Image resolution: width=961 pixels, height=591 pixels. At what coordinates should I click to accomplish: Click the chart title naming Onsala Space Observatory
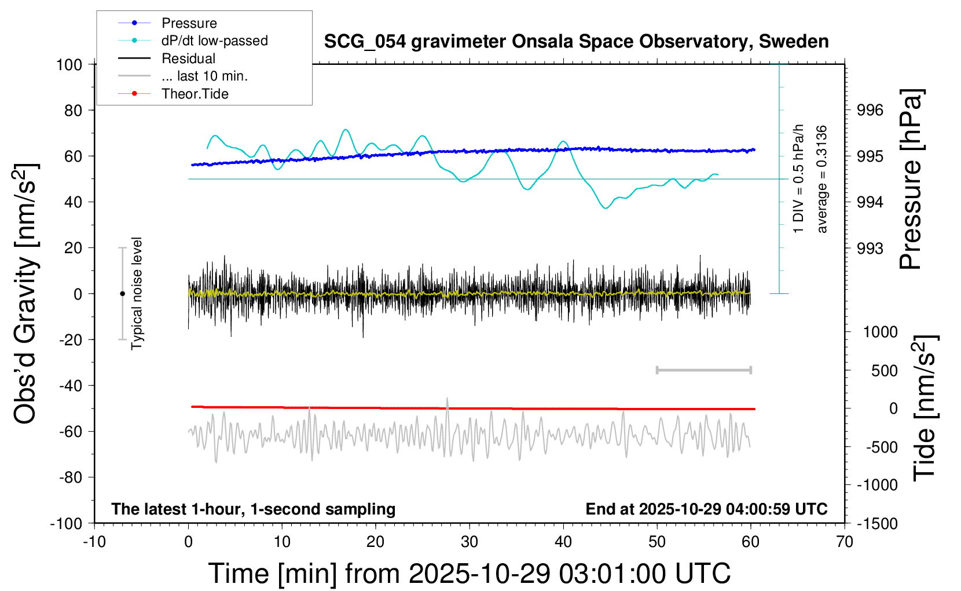pyautogui.click(x=576, y=42)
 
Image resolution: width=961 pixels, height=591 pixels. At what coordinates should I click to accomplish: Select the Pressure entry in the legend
pyautogui.click(x=189, y=23)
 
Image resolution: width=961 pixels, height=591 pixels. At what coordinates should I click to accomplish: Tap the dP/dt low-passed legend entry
pyautogui.click(x=214, y=41)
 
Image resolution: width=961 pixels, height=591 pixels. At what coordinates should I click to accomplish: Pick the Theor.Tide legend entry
pyautogui.click(x=195, y=94)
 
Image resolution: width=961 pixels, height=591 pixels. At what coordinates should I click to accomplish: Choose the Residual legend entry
pyautogui.click(x=188, y=59)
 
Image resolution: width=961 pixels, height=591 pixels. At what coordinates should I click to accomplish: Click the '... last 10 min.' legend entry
pyautogui.click(x=204, y=76)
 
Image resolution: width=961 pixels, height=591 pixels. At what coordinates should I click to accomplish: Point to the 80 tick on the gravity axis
pyautogui.click(x=73, y=110)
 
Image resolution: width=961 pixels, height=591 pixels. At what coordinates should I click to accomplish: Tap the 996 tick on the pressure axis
pyautogui.click(x=870, y=110)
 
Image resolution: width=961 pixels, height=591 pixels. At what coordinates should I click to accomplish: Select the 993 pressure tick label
pyautogui.click(x=870, y=248)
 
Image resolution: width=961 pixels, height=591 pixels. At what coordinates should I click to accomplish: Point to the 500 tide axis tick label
pyautogui.click(x=884, y=370)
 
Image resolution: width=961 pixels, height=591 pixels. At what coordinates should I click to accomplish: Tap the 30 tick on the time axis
pyautogui.click(x=470, y=542)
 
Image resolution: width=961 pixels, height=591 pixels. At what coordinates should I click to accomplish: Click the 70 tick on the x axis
pyautogui.click(x=845, y=542)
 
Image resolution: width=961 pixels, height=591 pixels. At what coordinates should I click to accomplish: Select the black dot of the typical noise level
pyautogui.click(x=122, y=294)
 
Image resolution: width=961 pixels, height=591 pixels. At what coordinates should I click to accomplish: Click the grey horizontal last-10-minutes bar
pyautogui.click(x=703, y=370)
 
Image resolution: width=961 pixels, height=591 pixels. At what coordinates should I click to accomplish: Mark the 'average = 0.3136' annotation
pyautogui.click(x=822, y=179)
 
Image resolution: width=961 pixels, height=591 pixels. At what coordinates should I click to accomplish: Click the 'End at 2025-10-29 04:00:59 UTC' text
pyautogui.click(x=706, y=509)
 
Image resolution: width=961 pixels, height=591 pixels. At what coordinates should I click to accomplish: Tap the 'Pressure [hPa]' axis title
pyautogui.click(x=911, y=179)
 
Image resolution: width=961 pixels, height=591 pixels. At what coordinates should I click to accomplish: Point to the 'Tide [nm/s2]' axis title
pyautogui.click(x=925, y=408)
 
